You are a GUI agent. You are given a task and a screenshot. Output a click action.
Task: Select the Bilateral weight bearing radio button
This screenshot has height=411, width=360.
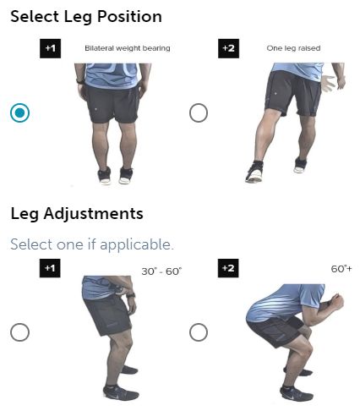pos(19,112)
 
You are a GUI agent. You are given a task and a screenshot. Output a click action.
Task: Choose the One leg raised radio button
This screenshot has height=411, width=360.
pos(199,112)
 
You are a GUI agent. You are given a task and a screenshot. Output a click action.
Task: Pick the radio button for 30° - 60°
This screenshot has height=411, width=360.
pos(19,332)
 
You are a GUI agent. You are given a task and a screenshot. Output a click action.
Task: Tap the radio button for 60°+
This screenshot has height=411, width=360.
pos(199,332)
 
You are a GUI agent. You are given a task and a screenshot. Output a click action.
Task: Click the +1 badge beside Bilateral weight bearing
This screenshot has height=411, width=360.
pos(50,48)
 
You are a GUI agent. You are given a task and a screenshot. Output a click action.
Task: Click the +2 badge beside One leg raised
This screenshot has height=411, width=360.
pos(228,48)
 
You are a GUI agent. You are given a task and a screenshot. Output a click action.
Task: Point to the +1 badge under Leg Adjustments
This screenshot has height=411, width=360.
pos(50,268)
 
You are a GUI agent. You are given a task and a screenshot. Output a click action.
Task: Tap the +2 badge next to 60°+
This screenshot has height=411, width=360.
pos(228,268)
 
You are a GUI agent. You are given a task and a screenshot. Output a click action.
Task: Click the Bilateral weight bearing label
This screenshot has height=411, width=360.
pos(128,48)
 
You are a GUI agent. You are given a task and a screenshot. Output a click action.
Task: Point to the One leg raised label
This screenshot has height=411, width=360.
pos(293,48)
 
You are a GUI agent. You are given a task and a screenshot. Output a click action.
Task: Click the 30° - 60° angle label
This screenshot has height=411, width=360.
pos(161,271)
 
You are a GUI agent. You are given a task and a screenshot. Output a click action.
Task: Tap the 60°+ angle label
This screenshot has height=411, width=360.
pos(341,269)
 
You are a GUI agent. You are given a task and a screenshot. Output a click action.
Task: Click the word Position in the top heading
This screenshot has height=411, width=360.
pos(129,16)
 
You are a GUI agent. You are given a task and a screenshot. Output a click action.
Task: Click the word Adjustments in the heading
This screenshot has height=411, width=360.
pos(93,213)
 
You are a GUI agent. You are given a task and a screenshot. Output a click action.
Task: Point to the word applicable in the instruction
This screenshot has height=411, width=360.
pos(136,244)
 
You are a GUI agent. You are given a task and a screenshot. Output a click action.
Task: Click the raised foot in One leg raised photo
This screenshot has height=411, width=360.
pos(300,165)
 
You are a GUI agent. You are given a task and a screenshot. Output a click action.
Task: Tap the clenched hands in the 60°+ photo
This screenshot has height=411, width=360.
pos(336,303)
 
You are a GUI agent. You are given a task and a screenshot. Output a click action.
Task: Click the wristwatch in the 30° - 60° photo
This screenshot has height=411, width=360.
pos(130,295)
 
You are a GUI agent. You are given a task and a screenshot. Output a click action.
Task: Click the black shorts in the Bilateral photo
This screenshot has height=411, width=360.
pos(112,103)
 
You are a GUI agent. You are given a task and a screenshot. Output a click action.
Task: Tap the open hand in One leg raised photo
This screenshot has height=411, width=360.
pos(329,83)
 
